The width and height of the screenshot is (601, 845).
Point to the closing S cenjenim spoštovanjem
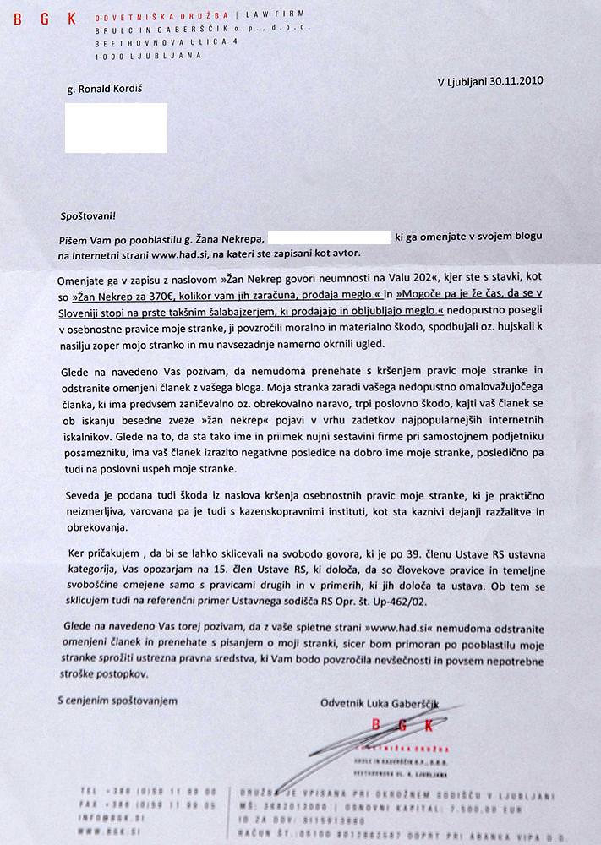pos(117,701)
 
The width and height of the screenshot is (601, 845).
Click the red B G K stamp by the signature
pos(401,726)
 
